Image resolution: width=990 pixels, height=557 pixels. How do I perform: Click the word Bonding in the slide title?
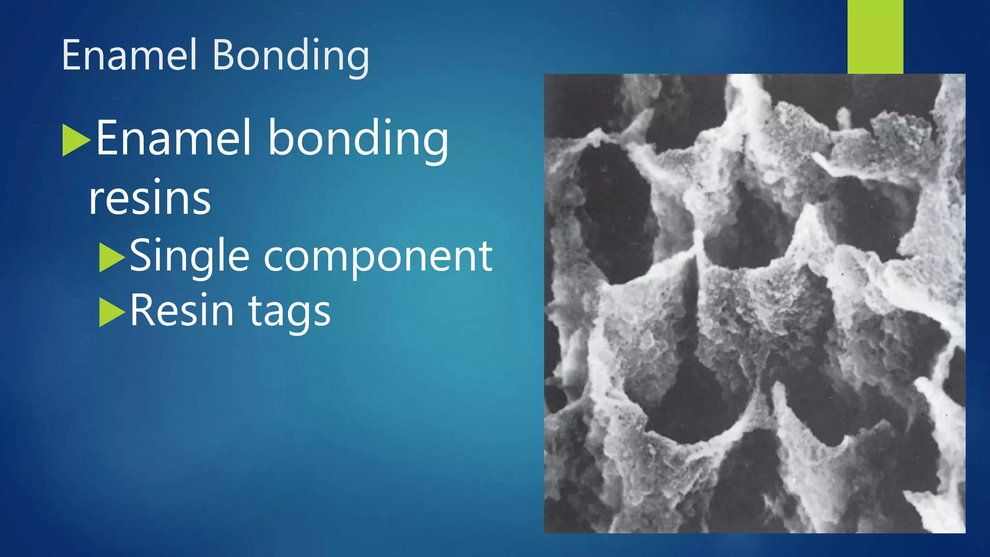coord(291,56)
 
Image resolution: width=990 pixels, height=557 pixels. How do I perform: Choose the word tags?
coord(290,312)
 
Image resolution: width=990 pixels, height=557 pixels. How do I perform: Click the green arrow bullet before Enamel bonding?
coord(76,140)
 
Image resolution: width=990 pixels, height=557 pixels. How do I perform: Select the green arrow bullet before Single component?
coord(112,257)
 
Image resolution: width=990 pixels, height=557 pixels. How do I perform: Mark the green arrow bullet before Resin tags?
coord(112,312)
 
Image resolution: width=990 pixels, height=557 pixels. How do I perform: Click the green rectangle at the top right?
coord(875,37)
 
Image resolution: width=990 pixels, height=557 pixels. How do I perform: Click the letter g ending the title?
coord(358,60)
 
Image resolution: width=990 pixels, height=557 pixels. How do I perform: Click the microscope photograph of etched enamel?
coord(754,303)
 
